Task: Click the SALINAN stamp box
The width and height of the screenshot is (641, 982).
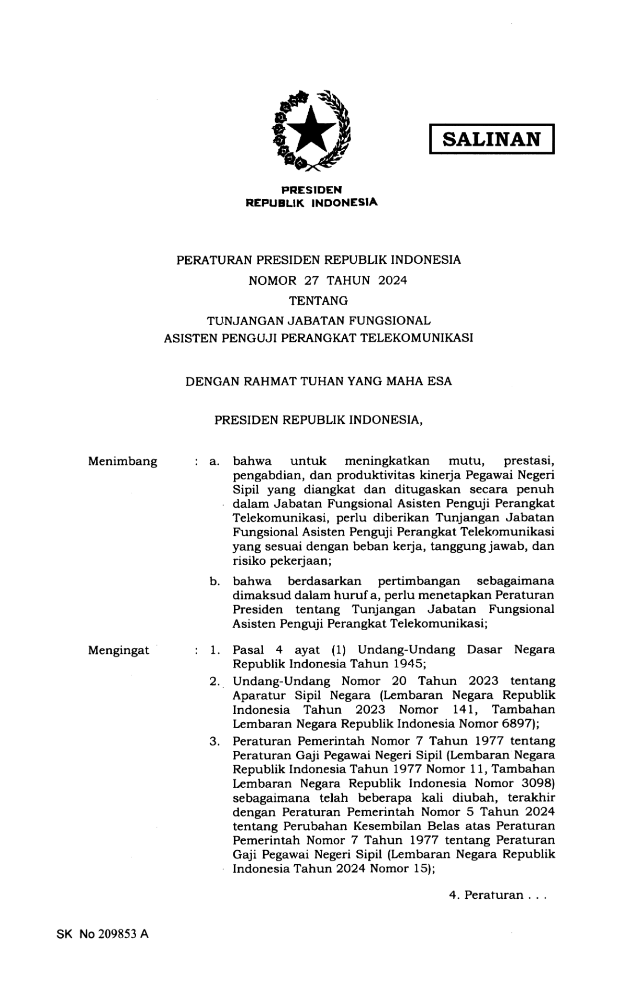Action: click(x=491, y=139)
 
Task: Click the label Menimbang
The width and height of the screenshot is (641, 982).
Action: click(x=122, y=462)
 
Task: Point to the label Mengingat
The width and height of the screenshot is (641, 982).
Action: click(x=118, y=651)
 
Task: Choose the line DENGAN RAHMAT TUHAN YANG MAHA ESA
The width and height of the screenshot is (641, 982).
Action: click(x=319, y=382)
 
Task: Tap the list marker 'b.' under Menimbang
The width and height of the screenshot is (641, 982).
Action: click(x=215, y=582)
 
